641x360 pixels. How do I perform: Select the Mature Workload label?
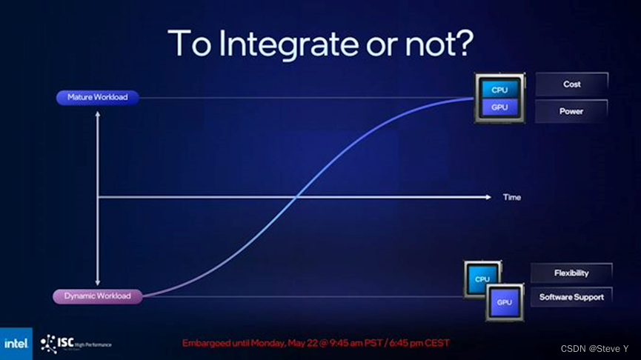point(97,97)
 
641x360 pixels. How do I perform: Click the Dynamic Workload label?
point(97,296)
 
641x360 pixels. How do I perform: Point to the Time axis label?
point(512,198)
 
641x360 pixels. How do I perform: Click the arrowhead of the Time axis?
point(488,197)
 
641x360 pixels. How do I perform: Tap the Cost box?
point(571,84)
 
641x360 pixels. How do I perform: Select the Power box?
point(571,111)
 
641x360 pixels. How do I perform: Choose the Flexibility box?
point(571,273)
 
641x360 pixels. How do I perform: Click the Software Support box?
point(571,297)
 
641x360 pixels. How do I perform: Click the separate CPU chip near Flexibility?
point(482,279)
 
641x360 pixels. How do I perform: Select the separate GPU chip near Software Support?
point(505,302)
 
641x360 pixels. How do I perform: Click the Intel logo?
point(16,344)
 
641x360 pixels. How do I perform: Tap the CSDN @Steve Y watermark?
point(594,348)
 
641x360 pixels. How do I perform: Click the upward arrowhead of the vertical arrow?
point(98,113)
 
